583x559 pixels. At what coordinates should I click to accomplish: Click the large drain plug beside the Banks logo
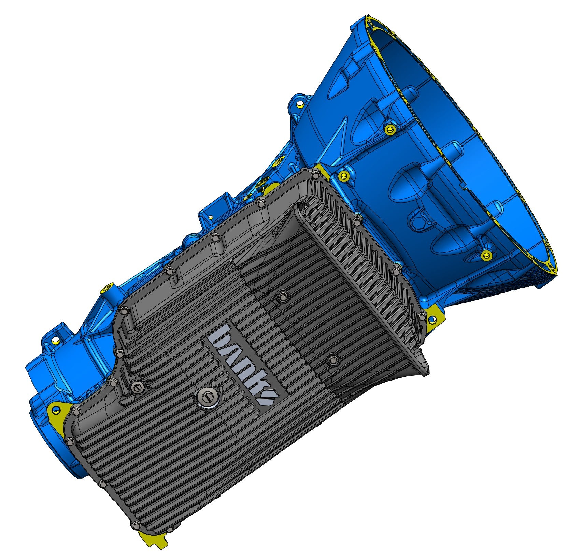click(207, 397)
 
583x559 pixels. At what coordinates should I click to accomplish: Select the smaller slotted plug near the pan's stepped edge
click(138, 387)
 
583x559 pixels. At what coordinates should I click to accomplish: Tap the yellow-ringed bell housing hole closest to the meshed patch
click(486, 255)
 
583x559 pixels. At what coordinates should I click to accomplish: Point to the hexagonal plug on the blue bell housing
click(389, 129)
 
